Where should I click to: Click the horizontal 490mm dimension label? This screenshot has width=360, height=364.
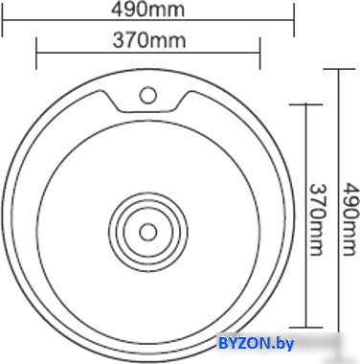point(147,10)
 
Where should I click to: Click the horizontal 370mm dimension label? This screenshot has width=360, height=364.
point(149,40)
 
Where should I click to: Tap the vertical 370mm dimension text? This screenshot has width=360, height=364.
point(318,219)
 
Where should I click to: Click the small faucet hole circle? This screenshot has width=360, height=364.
point(147,95)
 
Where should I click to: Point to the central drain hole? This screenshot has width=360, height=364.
point(147,232)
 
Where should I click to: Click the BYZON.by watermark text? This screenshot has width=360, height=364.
point(256,344)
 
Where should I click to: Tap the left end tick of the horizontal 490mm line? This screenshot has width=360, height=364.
point(3,20)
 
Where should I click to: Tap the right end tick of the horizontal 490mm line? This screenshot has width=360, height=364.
point(293,20)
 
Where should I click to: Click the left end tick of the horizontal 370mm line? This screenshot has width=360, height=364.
point(36,53)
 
